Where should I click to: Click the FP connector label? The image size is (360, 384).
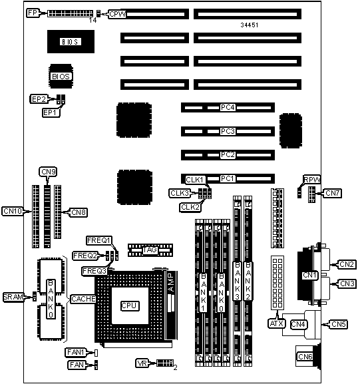tap(33, 13)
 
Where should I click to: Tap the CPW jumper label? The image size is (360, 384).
tap(117, 14)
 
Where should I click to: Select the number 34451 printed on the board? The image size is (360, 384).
tap(250, 25)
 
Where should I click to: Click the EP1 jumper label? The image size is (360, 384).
tap(51, 112)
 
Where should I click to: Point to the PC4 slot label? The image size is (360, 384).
tap(228, 108)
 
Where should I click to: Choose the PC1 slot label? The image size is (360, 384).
tap(228, 179)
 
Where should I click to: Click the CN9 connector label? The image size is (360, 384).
tap(49, 172)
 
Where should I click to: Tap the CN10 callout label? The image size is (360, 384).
tap(13, 211)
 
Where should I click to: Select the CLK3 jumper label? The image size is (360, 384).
tap(180, 193)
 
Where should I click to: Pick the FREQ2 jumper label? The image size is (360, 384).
tap(85, 256)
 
